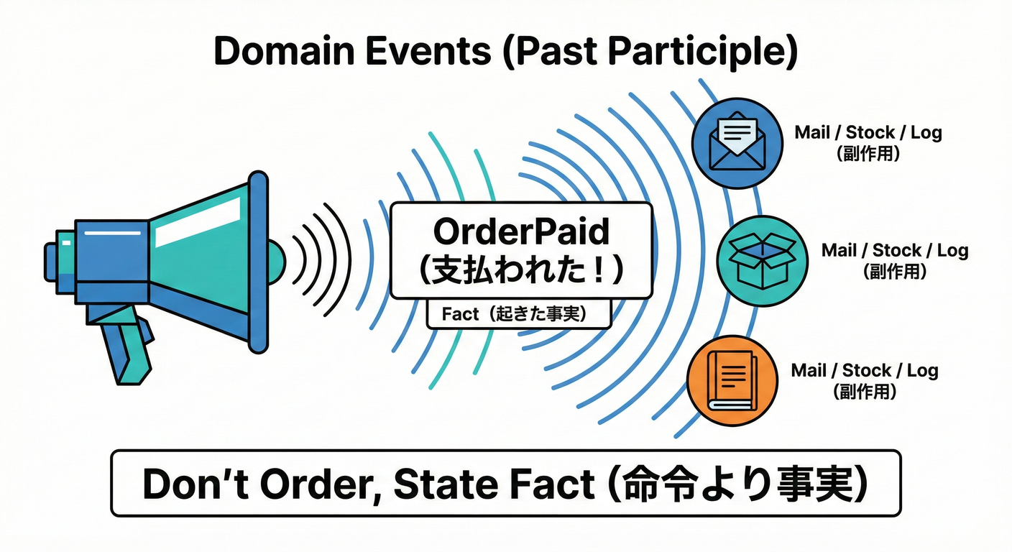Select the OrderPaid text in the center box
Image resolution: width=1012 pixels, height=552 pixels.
click(522, 231)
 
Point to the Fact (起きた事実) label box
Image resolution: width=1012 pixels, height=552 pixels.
click(517, 314)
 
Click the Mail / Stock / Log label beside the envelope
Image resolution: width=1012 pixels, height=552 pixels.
click(868, 133)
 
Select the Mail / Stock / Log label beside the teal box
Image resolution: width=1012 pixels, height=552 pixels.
click(895, 251)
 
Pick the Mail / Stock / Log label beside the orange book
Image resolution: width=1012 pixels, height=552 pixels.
click(865, 371)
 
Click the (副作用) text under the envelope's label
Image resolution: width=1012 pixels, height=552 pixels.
click(868, 153)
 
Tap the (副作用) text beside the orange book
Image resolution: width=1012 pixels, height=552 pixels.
click(865, 392)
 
